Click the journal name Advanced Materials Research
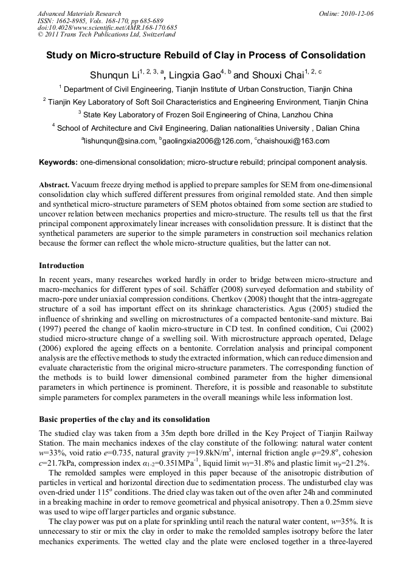[79, 13]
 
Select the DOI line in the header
[107, 28]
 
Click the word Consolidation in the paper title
[328, 55]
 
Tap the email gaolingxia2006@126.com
[206, 141]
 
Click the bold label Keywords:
[58, 162]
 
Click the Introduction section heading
[61, 266]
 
